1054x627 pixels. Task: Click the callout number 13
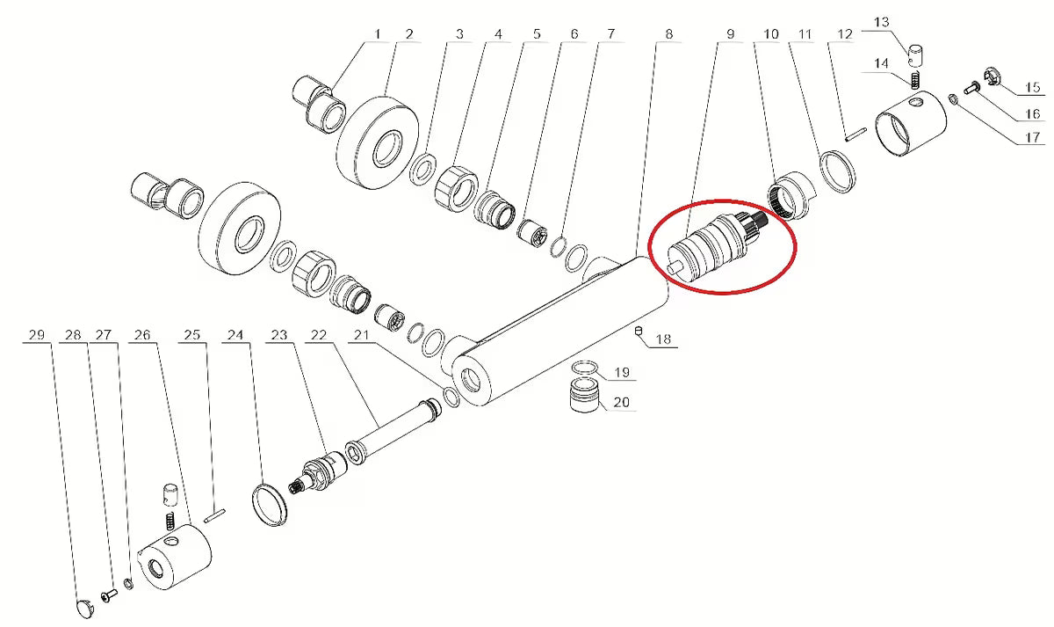tap(881, 22)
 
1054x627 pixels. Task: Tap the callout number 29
tap(37, 335)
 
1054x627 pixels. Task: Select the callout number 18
tap(663, 339)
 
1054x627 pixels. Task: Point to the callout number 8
tap(669, 34)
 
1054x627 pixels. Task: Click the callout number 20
tap(621, 402)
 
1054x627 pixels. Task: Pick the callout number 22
tap(319, 335)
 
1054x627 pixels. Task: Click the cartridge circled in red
tap(719, 247)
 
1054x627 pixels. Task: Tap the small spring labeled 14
tap(914, 80)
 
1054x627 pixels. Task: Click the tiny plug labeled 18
tap(639, 332)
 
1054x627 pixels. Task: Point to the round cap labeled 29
tap(84, 608)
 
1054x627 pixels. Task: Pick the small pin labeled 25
tap(215, 515)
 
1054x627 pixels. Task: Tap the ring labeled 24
tap(270, 504)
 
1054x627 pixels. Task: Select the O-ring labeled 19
tap(585, 367)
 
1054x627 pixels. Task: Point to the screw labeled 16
tap(971, 88)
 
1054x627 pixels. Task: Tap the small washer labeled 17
tap(951, 99)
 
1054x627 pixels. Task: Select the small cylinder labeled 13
tap(915, 55)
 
